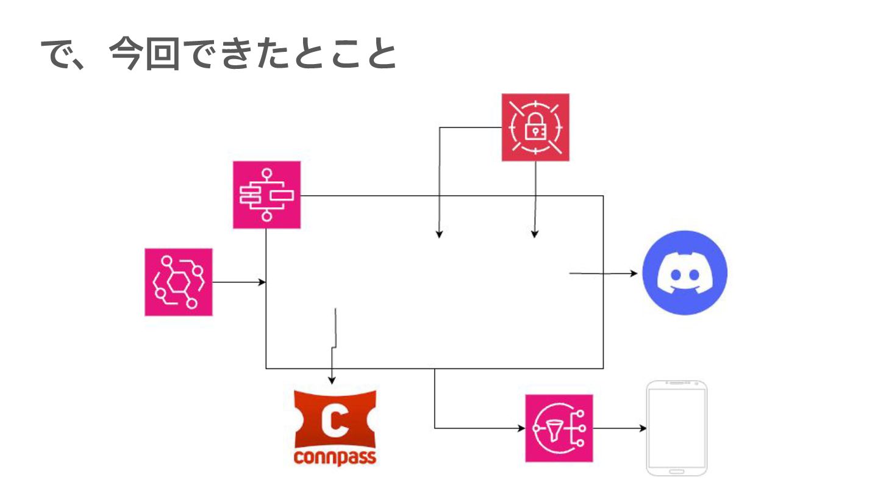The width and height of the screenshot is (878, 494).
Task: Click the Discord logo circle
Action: [x=685, y=273]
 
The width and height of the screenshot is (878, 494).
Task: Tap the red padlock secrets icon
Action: [x=535, y=127]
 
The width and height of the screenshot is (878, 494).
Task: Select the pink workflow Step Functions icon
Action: [x=266, y=195]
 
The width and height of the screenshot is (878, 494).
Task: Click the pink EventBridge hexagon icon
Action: [x=178, y=282]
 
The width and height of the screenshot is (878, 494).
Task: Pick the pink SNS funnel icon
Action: [x=559, y=428]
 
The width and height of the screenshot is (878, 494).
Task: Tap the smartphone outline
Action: [x=676, y=428]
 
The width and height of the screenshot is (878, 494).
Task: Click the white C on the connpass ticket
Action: [x=334, y=421]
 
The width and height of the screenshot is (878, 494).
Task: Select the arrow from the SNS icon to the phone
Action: [x=619, y=428]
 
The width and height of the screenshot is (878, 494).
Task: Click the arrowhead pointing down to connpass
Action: [x=332, y=380]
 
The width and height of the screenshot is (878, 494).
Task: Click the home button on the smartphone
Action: [x=676, y=471]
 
